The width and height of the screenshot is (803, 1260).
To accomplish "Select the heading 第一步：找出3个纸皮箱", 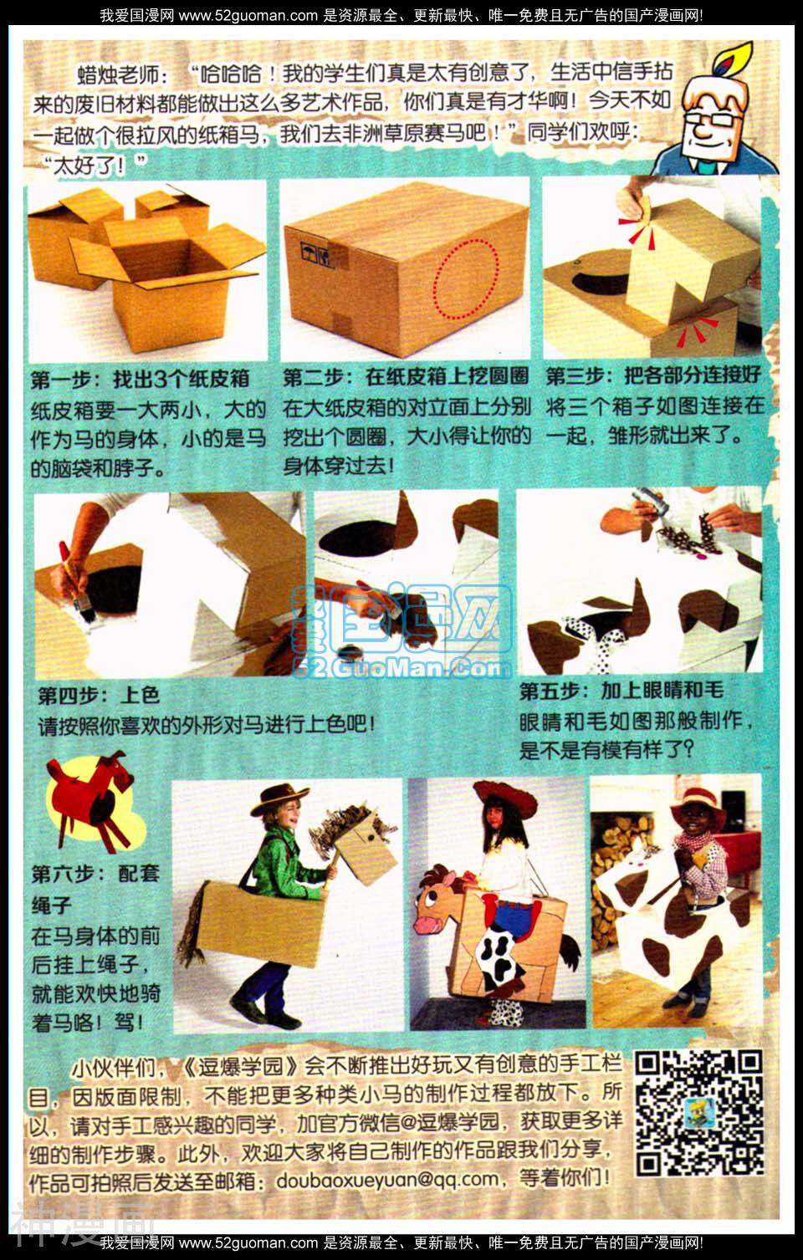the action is point(141,379).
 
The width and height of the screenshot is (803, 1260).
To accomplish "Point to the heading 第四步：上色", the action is point(99,696).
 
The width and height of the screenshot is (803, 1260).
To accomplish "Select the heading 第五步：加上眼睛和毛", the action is point(621,690).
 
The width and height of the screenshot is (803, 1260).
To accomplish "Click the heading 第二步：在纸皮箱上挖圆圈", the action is point(406,376).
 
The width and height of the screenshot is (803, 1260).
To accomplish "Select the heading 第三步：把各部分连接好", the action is point(653,375).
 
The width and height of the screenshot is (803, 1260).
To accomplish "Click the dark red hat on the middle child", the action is point(505,798).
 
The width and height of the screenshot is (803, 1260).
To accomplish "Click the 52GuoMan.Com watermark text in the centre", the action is point(403,668).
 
